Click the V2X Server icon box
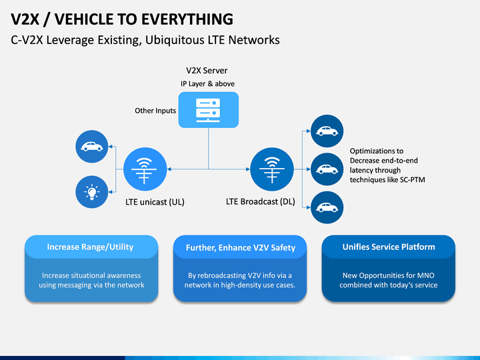click(x=209, y=109)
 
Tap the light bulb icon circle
click(x=92, y=192)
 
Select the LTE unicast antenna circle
click(x=145, y=169)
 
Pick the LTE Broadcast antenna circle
click(x=272, y=169)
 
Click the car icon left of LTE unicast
click(x=92, y=147)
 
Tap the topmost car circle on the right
click(x=327, y=131)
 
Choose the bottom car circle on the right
click(x=327, y=207)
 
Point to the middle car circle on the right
click(x=327, y=169)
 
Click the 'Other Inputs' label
click(x=155, y=111)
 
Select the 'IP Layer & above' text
click(x=207, y=83)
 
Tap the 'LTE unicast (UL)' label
click(x=155, y=202)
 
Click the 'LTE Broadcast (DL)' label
click(x=261, y=201)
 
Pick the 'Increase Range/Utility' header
click(x=90, y=247)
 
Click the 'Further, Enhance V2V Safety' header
click(x=241, y=247)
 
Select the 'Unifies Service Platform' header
click(x=389, y=247)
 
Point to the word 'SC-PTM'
click(x=413, y=180)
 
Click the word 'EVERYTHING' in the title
click(x=187, y=19)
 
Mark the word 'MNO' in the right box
click(x=427, y=275)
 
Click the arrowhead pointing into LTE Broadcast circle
click(x=248, y=169)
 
